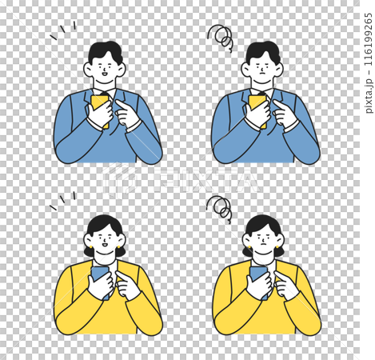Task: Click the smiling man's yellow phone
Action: tap(100, 110)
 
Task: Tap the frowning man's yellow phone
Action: tap(257, 110)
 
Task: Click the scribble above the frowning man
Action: tap(221, 38)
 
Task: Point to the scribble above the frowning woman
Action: tap(220, 209)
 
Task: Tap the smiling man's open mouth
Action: tap(105, 74)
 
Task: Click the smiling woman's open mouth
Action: tap(105, 244)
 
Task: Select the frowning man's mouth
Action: tap(262, 72)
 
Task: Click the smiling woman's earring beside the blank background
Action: tap(91, 247)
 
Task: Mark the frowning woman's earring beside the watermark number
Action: tap(277, 247)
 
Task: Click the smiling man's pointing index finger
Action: tap(122, 104)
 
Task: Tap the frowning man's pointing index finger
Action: tap(279, 104)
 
